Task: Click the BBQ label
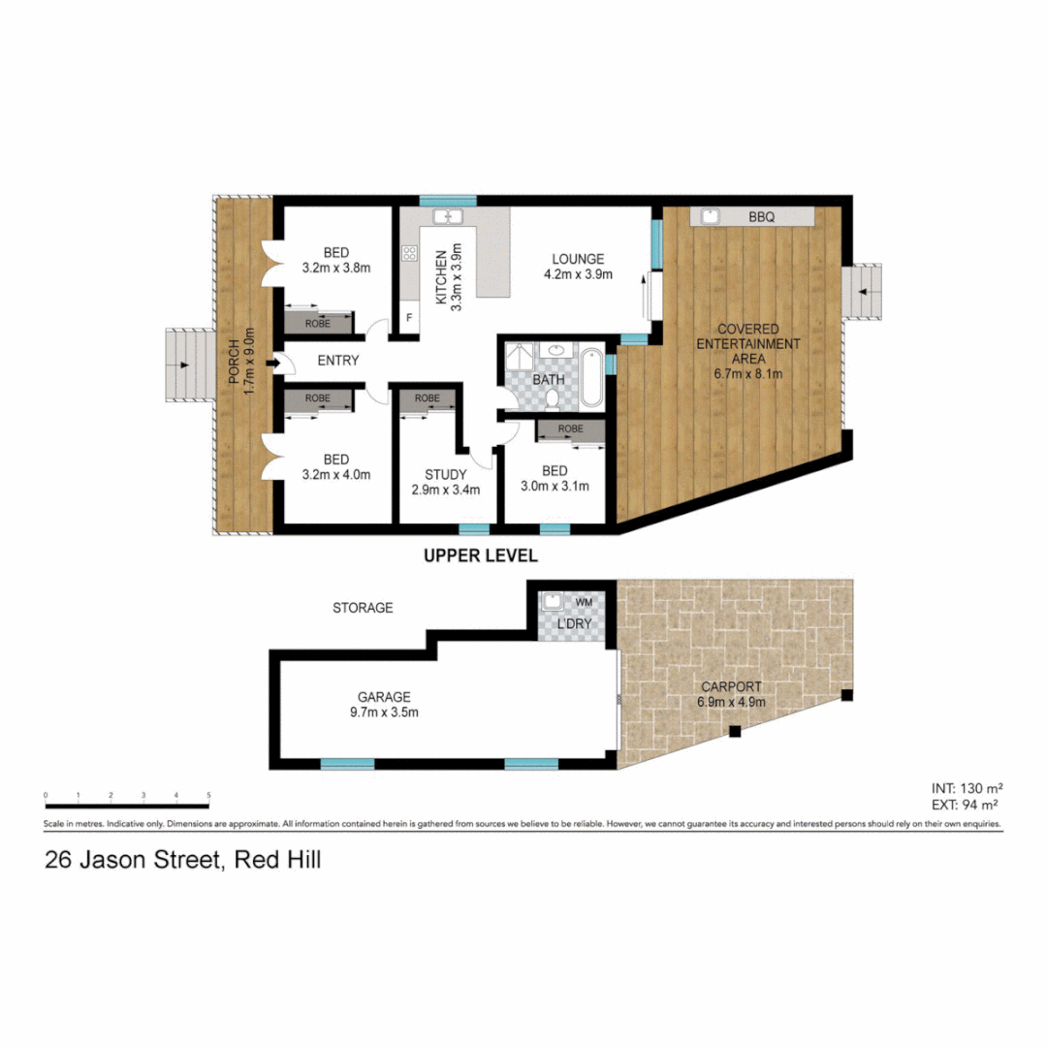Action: pos(762,218)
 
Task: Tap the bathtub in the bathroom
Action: pos(593,376)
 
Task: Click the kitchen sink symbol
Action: pos(448,216)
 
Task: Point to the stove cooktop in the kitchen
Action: pos(409,254)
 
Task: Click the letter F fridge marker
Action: pos(409,318)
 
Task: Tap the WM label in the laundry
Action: pos(583,602)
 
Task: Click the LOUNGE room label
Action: pos(578,259)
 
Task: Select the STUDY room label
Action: pos(446,474)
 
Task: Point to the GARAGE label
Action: pos(384,696)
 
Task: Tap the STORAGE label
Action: pos(363,608)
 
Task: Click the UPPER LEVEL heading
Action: pos(480,556)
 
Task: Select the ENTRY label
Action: pos(337,361)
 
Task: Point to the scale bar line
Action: pos(127,805)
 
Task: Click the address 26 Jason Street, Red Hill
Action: pos(182,859)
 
